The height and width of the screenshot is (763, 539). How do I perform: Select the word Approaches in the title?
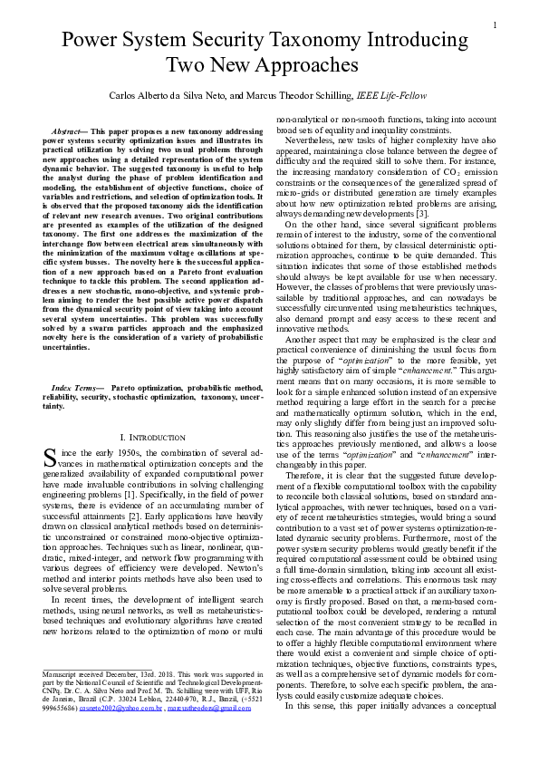point(298,66)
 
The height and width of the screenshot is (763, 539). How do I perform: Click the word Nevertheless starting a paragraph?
point(313,140)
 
